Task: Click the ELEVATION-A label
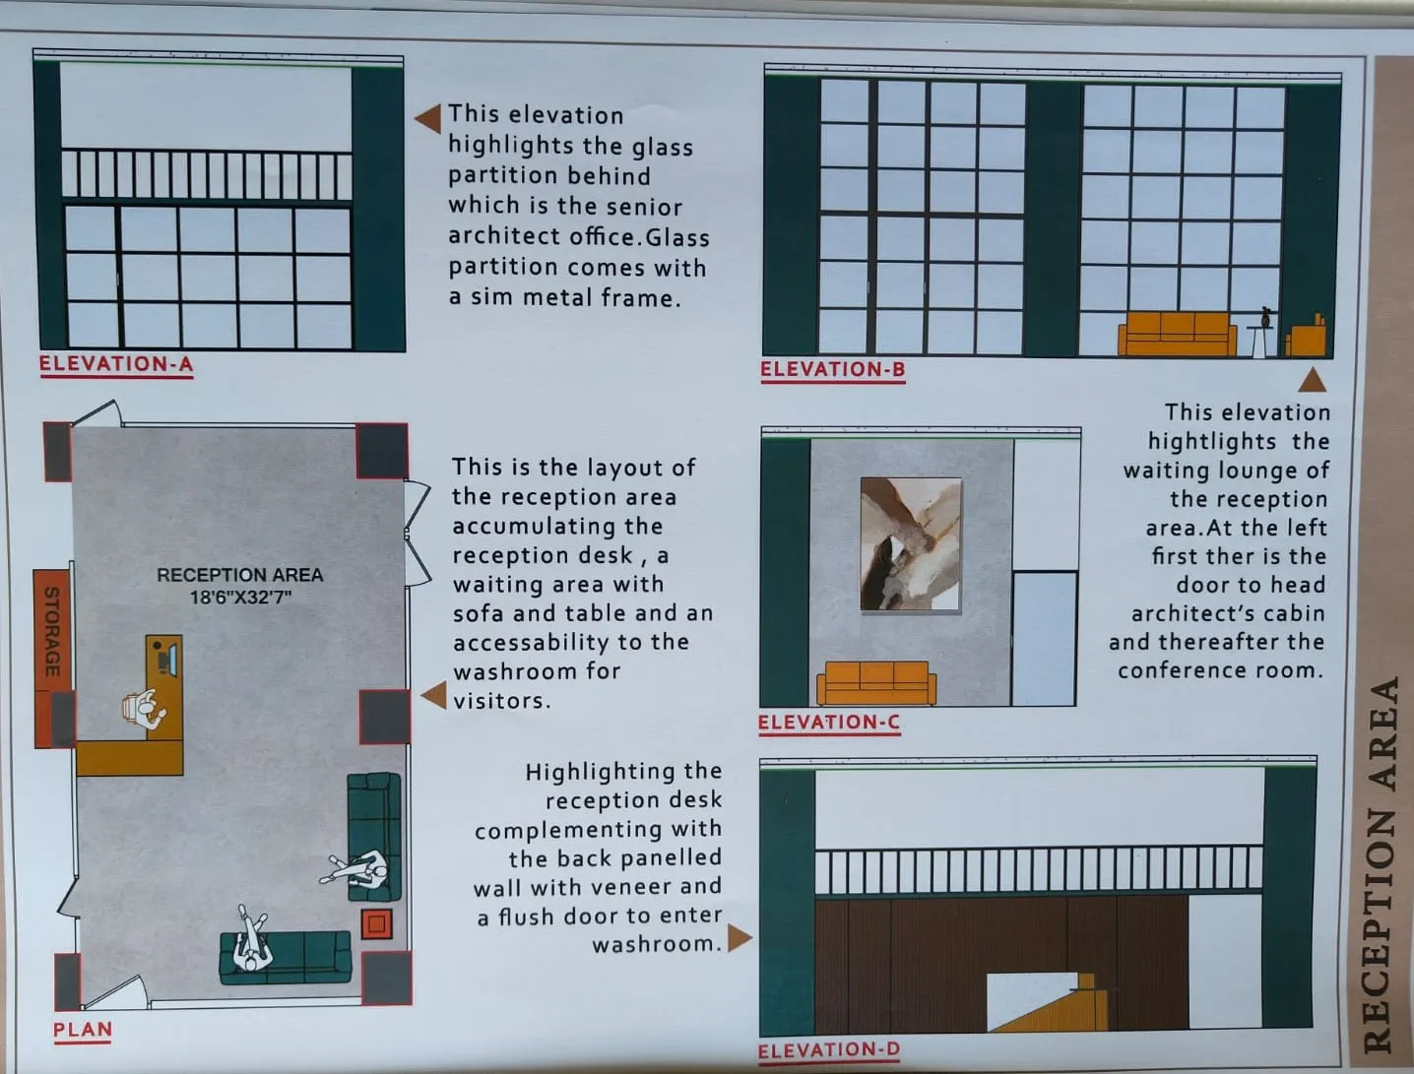click(x=116, y=364)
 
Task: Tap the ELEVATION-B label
click(x=833, y=369)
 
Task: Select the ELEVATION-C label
click(x=829, y=723)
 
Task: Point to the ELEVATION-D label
click(x=829, y=1050)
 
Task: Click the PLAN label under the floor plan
click(x=83, y=1030)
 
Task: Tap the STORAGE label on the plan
click(x=52, y=632)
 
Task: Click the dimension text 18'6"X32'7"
click(x=240, y=598)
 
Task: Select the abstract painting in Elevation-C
click(x=911, y=544)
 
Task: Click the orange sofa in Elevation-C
click(x=876, y=683)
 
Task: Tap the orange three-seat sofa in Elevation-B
click(x=1177, y=334)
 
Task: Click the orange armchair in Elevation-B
click(x=1306, y=336)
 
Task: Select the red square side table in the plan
click(x=377, y=924)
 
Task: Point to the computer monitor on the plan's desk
click(x=171, y=659)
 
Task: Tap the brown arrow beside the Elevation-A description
click(x=427, y=118)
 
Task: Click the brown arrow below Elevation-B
click(x=1313, y=380)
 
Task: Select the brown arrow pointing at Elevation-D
click(x=739, y=938)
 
